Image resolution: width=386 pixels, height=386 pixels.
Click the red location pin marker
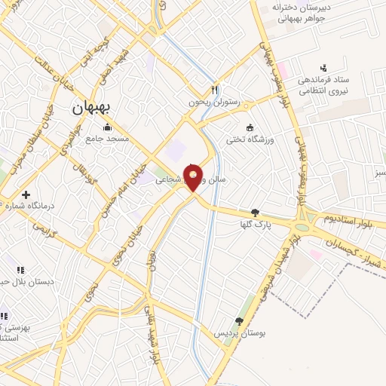coord(194,177)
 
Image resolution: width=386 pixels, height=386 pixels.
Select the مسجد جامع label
coord(107,139)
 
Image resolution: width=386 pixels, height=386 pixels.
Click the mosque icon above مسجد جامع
coord(108,127)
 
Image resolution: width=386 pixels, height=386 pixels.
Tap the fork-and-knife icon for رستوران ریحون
coord(215,87)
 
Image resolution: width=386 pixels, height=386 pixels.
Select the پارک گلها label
coord(254,225)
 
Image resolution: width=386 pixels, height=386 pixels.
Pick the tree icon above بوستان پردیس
coord(239,321)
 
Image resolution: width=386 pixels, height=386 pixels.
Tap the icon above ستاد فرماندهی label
coord(324,68)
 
